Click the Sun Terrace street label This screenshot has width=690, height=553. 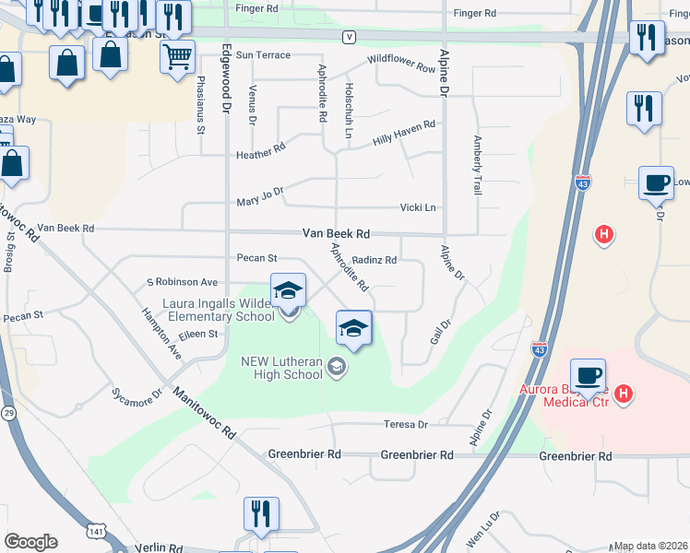[x=263, y=55]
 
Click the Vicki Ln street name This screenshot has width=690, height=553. [x=417, y=208]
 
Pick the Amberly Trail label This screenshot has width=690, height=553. [x=477, y=165]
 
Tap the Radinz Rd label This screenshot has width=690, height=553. [x=374, y=261]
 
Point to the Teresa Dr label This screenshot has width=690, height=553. [x=406, y=425]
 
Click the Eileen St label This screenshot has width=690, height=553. [x=198, y=334]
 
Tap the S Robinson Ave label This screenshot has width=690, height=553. [x=182, y=282]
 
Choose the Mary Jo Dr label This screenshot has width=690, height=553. [x=259, y=197]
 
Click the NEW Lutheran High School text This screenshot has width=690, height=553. [x=281, y=367]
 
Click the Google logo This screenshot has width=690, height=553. [x=31, y=542]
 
